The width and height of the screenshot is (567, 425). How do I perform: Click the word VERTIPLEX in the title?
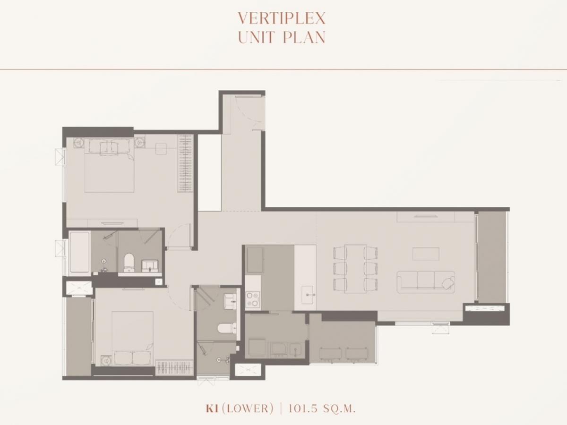282,18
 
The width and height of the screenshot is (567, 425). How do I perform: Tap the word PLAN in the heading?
304,37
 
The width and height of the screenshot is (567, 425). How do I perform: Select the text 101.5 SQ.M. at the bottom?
322,408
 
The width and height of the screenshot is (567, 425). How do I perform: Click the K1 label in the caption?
212,408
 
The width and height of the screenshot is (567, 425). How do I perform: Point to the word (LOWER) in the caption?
248,408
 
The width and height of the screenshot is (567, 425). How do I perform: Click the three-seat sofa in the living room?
426,282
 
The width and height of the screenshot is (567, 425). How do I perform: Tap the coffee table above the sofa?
426,254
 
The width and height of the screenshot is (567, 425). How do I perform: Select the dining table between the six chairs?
355,269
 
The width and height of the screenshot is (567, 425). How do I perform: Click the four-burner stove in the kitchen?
252,299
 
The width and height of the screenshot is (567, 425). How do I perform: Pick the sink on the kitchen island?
307,294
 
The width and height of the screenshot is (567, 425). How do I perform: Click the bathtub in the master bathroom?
79,252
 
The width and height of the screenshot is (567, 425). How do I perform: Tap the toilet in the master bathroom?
129,263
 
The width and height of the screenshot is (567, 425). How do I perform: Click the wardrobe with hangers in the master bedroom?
185,163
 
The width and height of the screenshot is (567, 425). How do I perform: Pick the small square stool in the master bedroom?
161,149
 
